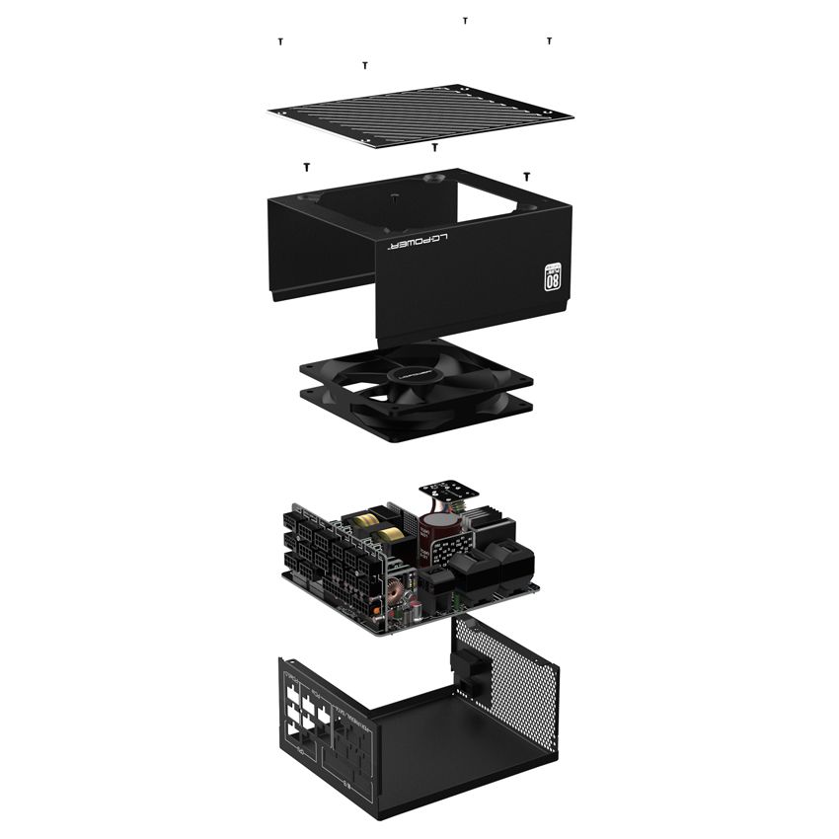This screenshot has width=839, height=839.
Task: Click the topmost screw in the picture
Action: [x=465, y=20]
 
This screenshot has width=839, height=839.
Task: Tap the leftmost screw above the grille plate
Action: [x=281, y=41]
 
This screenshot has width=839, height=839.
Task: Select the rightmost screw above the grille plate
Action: [x=549, y=40]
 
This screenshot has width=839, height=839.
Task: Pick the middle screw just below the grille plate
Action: [x=434, y=147]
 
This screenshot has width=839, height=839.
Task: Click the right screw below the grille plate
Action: [x=527, y=175]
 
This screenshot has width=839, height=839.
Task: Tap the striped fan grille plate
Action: [x=419, y=116]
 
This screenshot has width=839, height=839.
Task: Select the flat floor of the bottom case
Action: [x=434, y=750]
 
